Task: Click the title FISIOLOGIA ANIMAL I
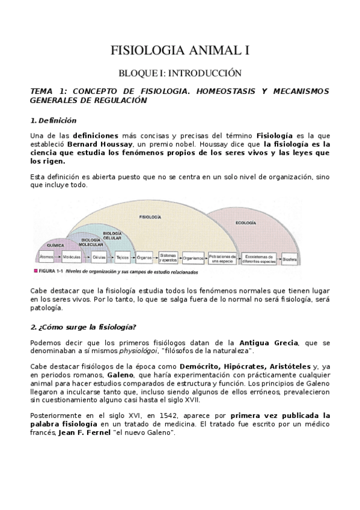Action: click(180, 51)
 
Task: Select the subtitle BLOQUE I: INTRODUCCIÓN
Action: click(180, 73)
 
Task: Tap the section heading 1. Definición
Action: click(53, 120)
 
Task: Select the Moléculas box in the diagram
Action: click(71, 256)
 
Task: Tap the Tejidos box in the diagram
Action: click(122, 256)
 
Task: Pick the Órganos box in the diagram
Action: click(144, 256)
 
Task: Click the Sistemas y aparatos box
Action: click(168, 257)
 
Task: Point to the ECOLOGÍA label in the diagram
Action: click(246, 223)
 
